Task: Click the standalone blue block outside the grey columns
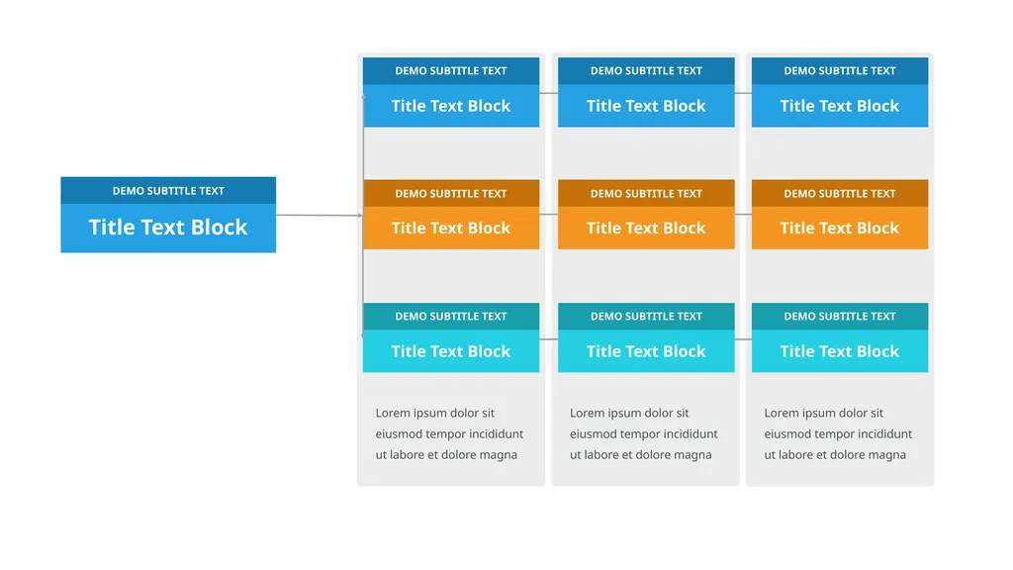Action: pyautogui.click(x=168, y=215)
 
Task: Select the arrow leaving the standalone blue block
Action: pyautogui.click(x=320, y=215)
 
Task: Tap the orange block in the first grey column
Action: pyautogui.click(x=451, y=215)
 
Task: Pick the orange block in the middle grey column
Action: pyautogui.click(x=646, y=215)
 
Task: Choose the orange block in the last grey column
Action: pyautogui.click(x=840, y=215)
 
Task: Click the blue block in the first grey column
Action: pyautogui.click(x=451, y=92)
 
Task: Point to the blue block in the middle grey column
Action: pyautogui.click(x=646, y=92)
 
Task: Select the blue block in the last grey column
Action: pyautogui.click(x=840, y=92)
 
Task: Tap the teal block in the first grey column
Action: pyautogui.click(x=451, y=338)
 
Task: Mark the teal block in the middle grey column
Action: pyautogui.click(x=646, y=338)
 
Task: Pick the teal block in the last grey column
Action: pyautogui.click(x=840, y=338)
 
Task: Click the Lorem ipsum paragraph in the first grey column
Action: pyautogui.click(x=450, y=433)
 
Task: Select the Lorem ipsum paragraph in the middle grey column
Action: pyautogui.click(x=643, y=433)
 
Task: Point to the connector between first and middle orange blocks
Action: pyautogui.click(x=548, y=215)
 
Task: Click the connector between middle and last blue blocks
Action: pyautogui.click(x=743, y=93)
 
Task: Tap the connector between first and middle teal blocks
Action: pyautogui.click(x=548, y=339)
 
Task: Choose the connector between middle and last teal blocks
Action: pyautogui.click(x=743, y=339)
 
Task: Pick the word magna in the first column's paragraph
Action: pyautogui.click(x=499, y=455)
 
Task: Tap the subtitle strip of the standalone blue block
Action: pyautogui.click(x=168, y=191)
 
